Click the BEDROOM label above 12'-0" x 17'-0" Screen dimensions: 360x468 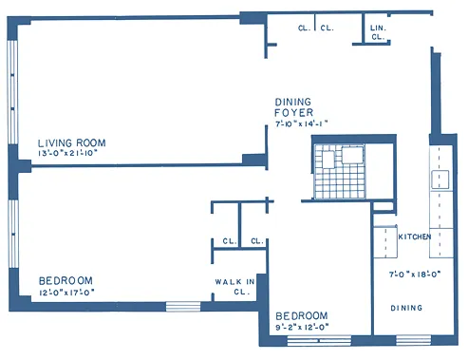66,280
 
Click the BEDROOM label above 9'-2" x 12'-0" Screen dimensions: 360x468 301,315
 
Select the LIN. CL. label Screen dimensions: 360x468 377,32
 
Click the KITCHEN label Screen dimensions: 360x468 415,236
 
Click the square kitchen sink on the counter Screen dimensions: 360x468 441,178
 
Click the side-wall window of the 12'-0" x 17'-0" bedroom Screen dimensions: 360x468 12,233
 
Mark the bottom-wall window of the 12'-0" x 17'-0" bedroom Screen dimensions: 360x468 182,306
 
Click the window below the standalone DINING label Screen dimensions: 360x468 413,339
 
